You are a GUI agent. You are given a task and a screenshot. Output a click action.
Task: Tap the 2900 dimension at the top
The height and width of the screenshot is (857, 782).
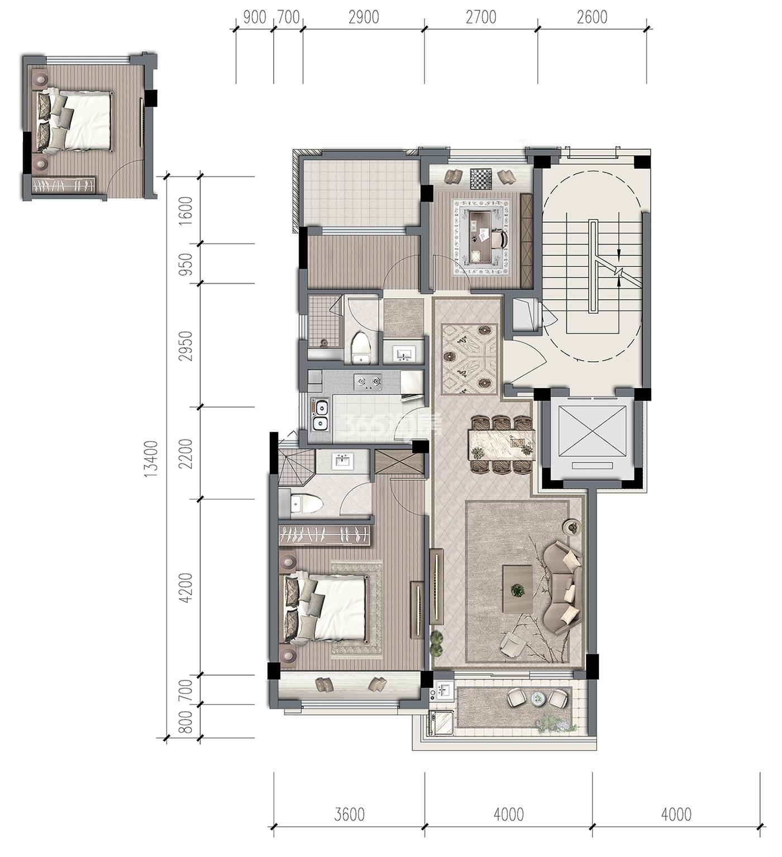tap(364, 17)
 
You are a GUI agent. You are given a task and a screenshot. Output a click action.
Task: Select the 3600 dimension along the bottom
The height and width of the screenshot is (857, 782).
tap(350, 814)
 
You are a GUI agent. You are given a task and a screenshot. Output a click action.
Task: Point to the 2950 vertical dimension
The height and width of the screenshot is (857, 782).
tap(186, 346)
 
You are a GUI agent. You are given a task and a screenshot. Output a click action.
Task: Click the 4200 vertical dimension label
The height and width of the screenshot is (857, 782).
tap(186, 588)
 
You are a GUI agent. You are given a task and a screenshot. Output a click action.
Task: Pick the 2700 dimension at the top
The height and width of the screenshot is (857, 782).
tap(481, 17)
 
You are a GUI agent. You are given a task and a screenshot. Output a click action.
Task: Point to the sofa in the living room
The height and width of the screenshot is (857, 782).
tap(561, 587)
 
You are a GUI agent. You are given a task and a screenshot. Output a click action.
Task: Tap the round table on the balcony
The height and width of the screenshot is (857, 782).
tap(537, 698)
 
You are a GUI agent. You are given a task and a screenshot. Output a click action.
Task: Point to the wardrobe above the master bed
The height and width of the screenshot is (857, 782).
tap(325, 535)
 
